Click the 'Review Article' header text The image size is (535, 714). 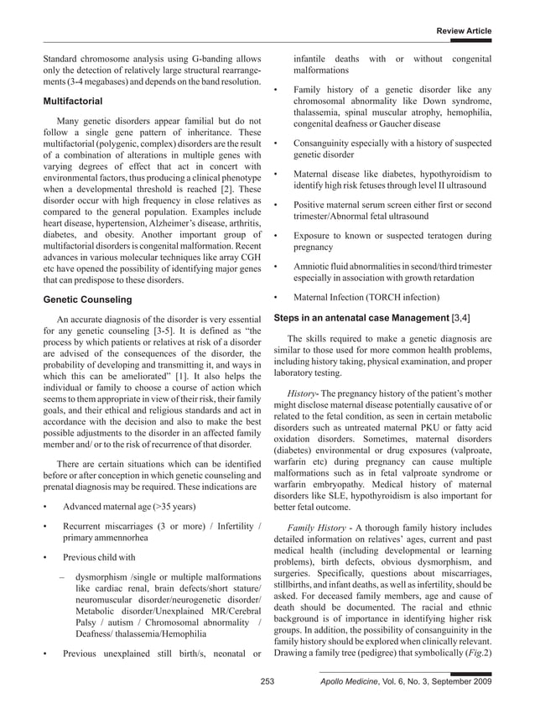coord(463,31)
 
